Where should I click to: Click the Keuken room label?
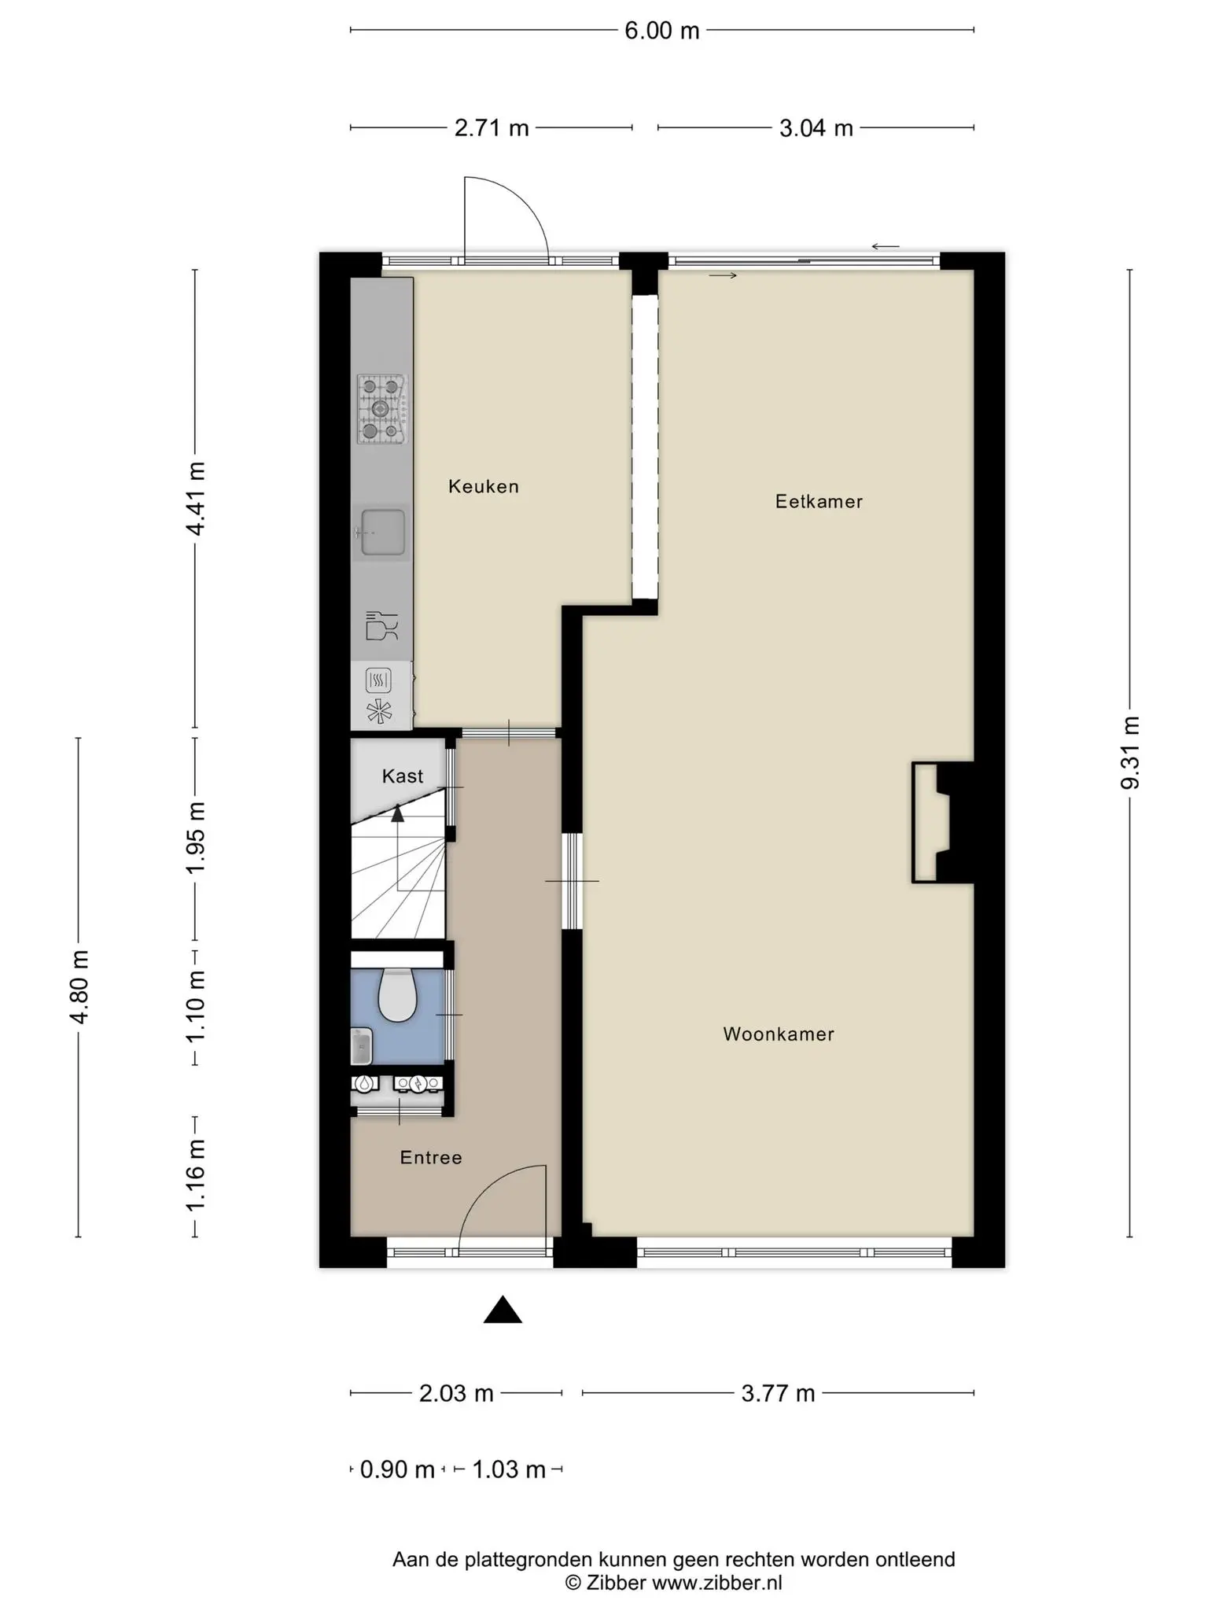[484, 486]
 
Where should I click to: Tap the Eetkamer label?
[819, 501]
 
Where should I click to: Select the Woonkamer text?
[779, 1034]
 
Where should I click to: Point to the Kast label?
[403, 776]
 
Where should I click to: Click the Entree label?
[431, 1157]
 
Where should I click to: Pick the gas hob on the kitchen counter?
[382, 409]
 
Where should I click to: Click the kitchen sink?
[382, 533]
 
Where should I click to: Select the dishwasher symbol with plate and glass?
[382, 626]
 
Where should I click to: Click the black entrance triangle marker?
[503, 1310]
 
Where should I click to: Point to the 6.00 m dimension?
[661, 31]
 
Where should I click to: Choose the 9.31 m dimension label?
[1130, 754]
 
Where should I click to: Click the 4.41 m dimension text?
[195, 499]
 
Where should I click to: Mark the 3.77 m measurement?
[778, 1394]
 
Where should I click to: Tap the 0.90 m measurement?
[397, 1469]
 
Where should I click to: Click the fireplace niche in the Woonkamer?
[932, 822]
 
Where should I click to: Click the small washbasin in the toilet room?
[361, 1046]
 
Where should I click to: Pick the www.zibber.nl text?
[717, 1583]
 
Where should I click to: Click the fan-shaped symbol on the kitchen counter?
[378, 711]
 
